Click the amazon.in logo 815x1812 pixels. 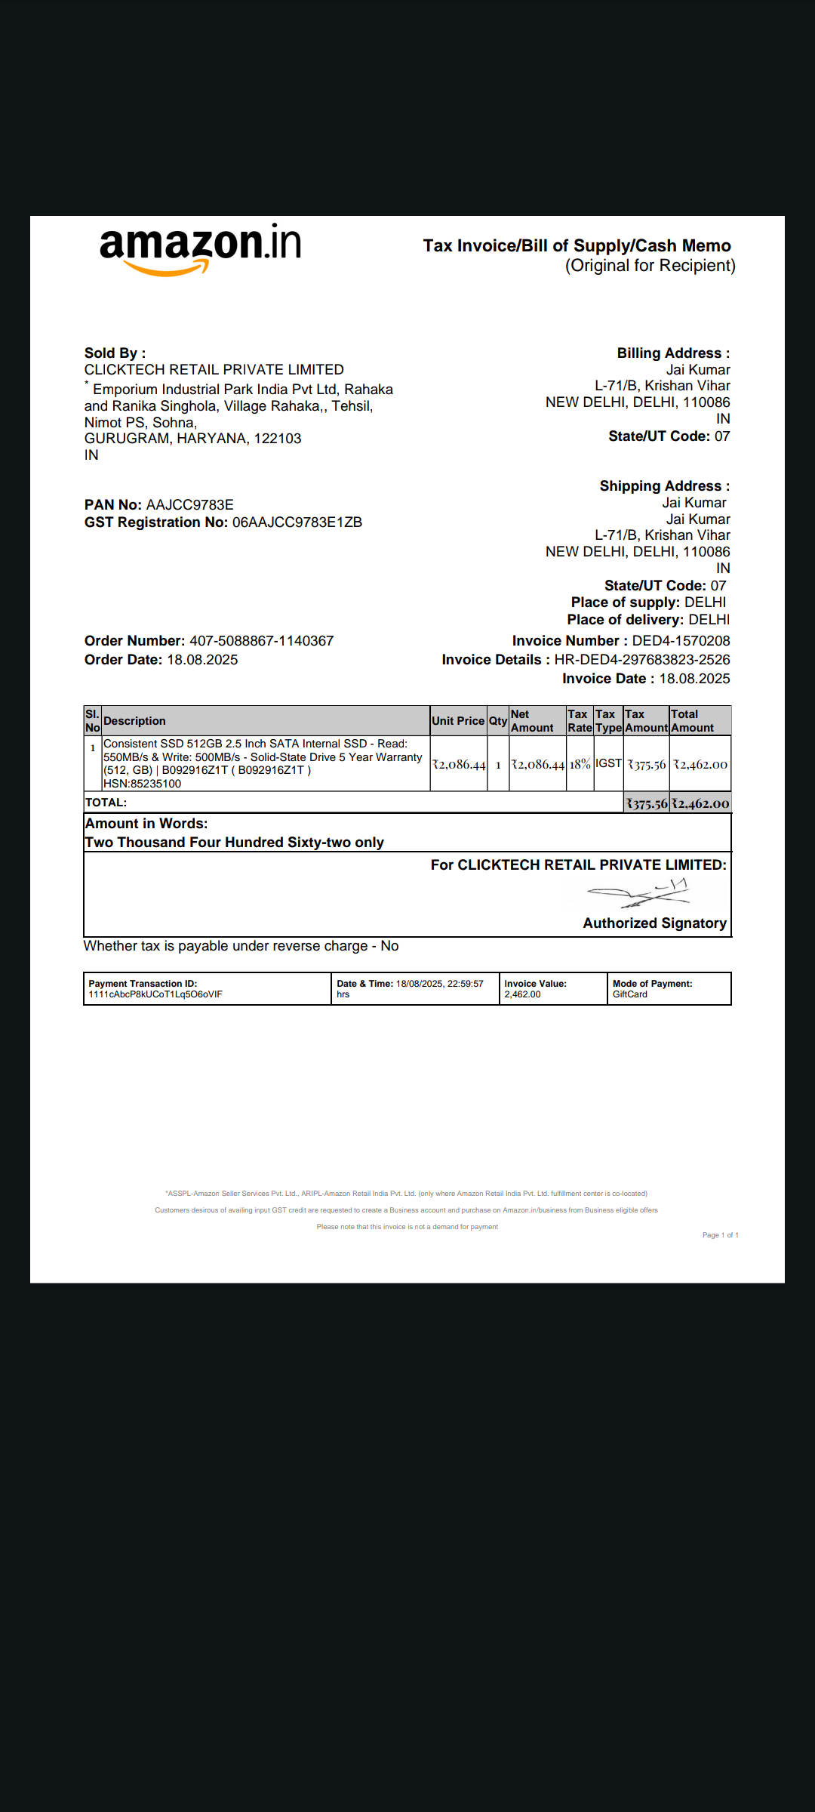click(200, 248)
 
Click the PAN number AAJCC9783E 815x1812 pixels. click(189, 505)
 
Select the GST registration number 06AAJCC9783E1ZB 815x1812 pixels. click(297, 522)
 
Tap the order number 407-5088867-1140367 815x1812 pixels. click(261, 641)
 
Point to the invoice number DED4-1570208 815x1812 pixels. click(681, 641)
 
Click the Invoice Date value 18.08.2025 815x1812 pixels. click(694, 679)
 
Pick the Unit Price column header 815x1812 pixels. click(457, 721)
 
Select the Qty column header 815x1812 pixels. click(498, 721)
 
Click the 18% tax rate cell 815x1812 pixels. click(580, 764)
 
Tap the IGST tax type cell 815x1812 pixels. click(608, 763)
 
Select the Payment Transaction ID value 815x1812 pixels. click(155, 994)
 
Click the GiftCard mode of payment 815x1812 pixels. click(630, 994)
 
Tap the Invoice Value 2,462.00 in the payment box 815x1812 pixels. click(522, 994)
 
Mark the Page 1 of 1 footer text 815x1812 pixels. click(720, 1235)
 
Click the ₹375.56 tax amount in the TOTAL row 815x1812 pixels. click(647, 803)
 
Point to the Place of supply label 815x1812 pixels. click(626, 602)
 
